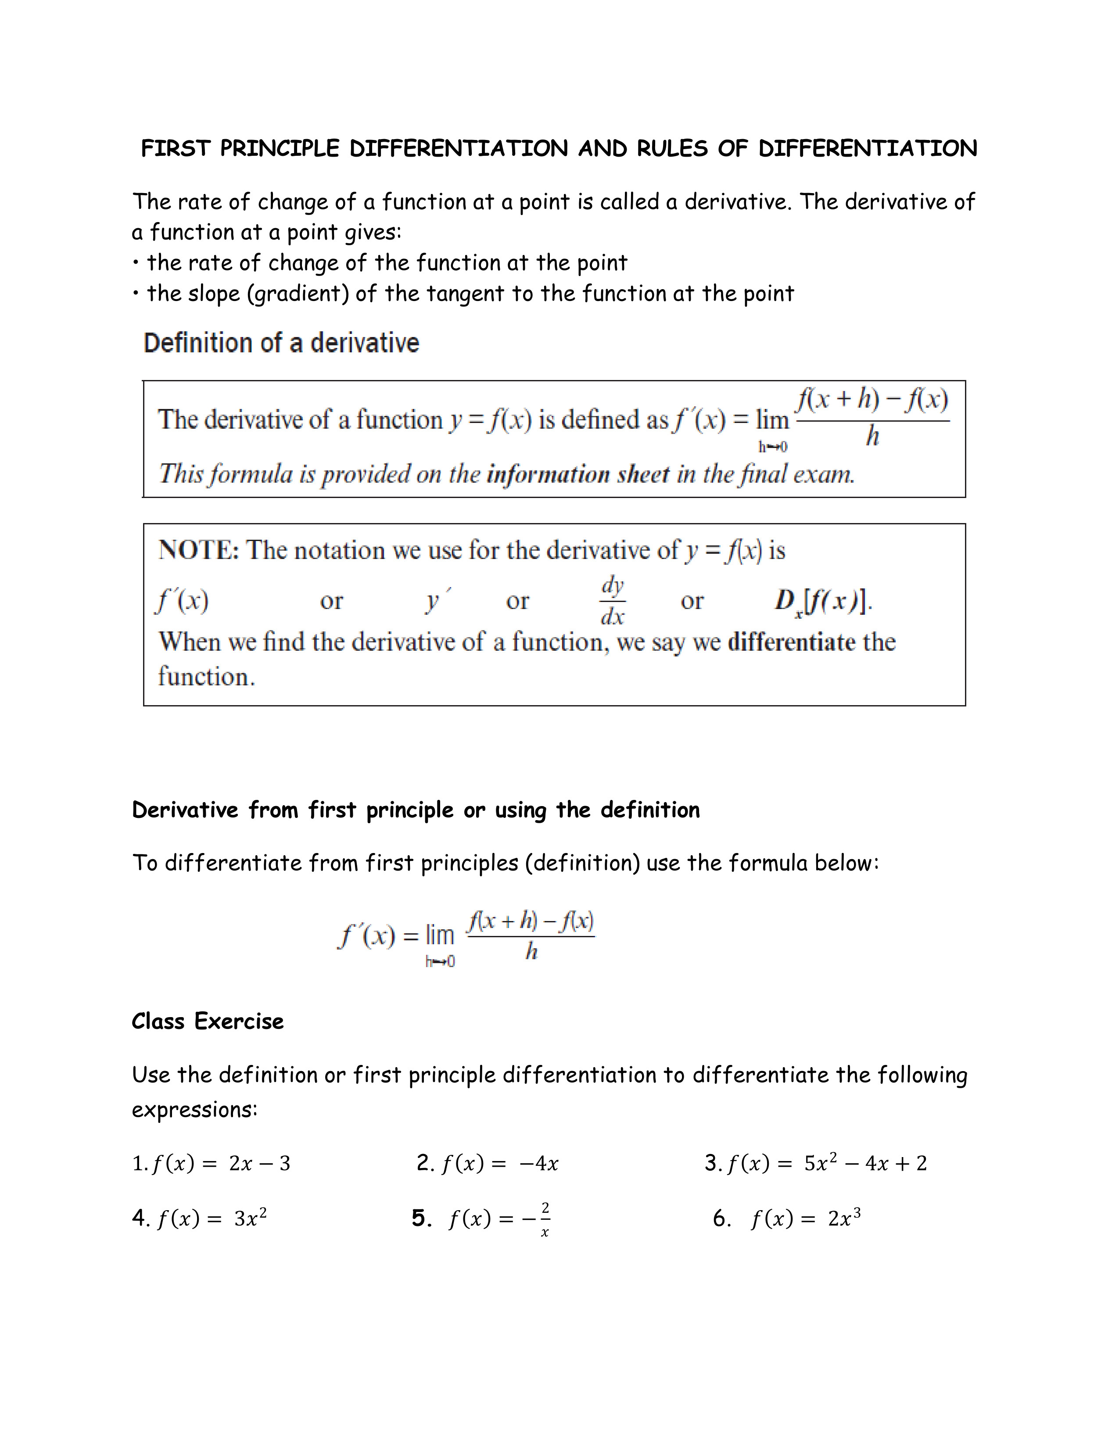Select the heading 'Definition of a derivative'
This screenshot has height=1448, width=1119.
point(281,344)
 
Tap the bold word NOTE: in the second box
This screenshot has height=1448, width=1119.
point(198,550)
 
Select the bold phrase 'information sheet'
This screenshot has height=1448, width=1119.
point(578,474)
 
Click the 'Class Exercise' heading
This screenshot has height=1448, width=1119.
point(208,1021)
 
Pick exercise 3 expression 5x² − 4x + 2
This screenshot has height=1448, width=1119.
point(865,1162)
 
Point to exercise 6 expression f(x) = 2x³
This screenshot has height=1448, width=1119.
point(805,1219)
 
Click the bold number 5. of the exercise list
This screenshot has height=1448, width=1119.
point(422,1218)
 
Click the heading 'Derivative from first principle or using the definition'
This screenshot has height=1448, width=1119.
point(416,810)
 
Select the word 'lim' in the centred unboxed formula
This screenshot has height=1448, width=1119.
point(440,935)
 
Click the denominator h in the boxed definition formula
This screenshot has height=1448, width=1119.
point(872,436)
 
